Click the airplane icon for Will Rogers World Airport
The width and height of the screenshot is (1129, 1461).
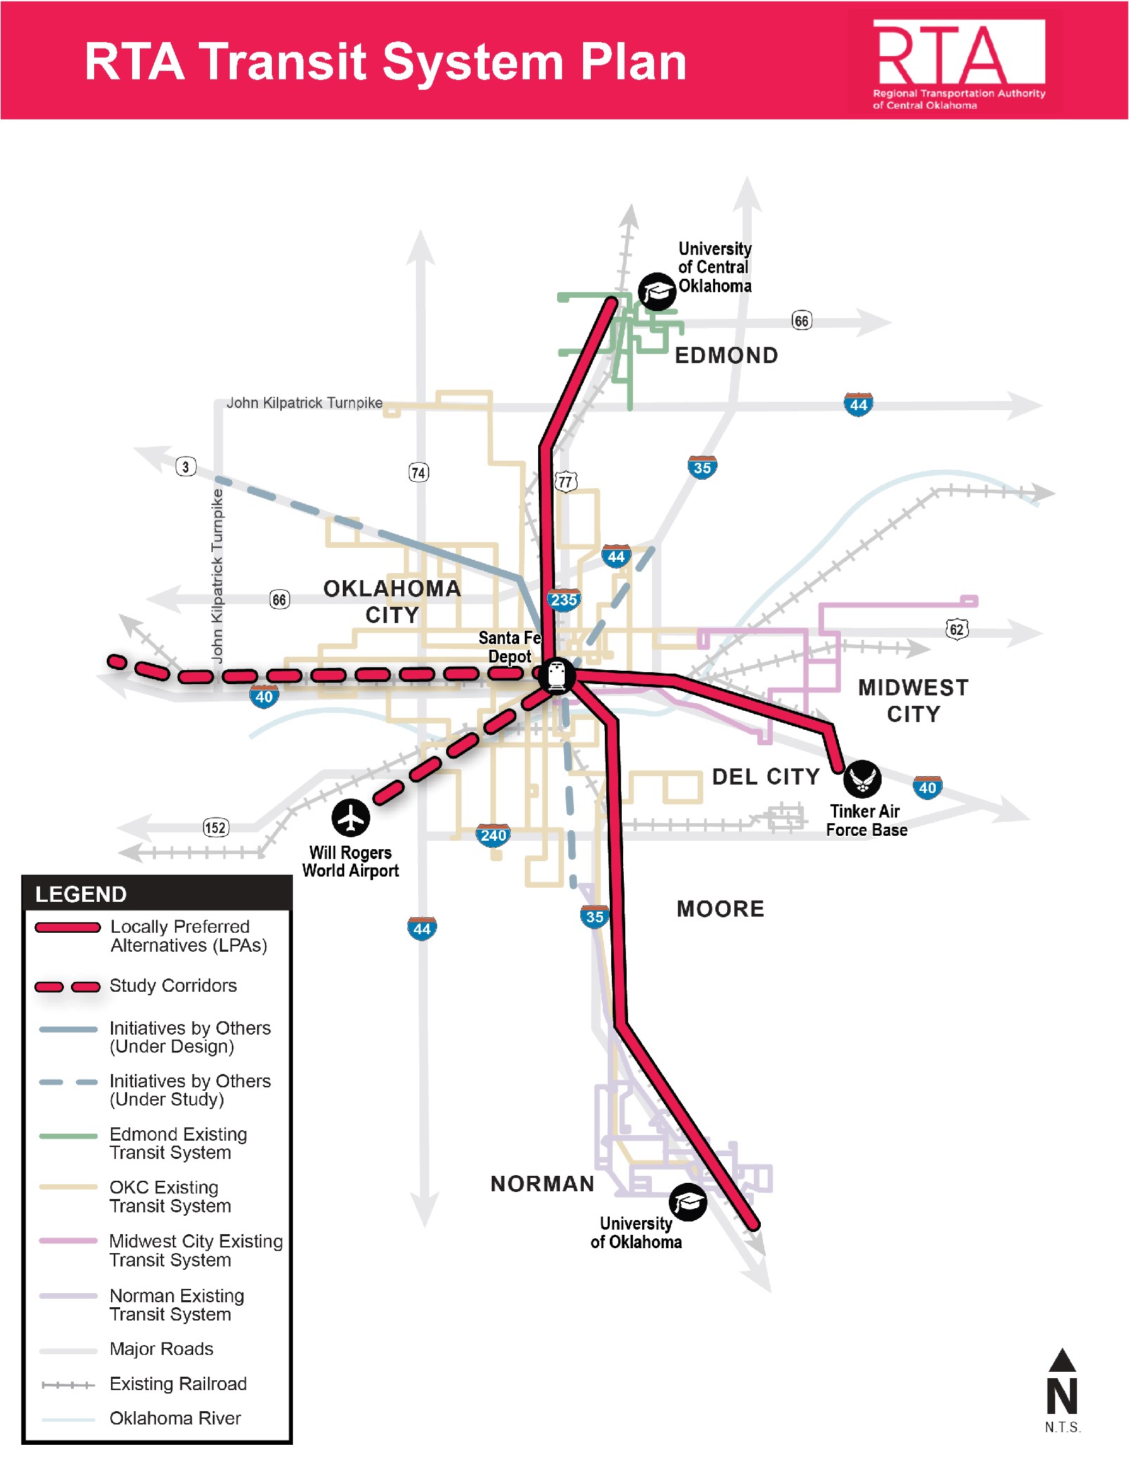coord(351,817)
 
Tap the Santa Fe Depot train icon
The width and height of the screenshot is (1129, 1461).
coord(556,675)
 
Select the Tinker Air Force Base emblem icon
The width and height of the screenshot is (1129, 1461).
coord(861,778)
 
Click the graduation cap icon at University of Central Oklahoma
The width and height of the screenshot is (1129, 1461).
coord(656,291)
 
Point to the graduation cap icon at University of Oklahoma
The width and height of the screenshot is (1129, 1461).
coord(687,1202)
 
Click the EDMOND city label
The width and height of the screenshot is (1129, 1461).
coord(726,355)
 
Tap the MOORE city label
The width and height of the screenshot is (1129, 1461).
coord(720,909)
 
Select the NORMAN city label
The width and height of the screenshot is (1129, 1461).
coord(542,1184)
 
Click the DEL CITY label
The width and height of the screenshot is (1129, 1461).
coord(766,777)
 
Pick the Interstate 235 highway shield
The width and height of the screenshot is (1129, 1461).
coord(564,600)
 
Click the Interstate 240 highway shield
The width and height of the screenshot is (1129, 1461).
coord(493,835)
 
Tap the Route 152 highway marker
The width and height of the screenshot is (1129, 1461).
coord(215,827)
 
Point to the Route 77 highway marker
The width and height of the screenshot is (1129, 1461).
coord(566,482)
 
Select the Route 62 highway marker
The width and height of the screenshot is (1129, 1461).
coord(957,629)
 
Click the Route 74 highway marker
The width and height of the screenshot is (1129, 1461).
coord(419,472)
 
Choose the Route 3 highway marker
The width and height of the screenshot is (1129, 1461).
coord(185,466)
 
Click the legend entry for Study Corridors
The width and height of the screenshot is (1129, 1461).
coord(173,985)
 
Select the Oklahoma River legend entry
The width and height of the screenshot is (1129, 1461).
coord(175,1418)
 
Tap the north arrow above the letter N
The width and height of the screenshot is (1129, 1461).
coord(1062,1360)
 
